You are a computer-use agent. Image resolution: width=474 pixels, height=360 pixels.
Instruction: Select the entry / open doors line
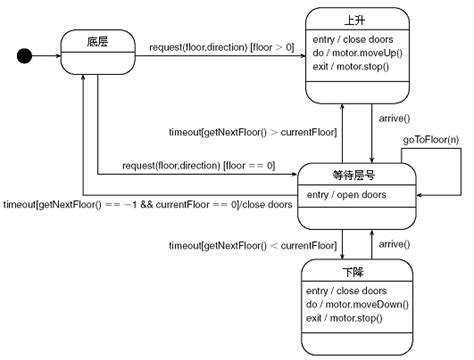pos(346,194)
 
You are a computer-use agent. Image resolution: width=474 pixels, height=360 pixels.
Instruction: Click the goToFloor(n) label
pos(431,142)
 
